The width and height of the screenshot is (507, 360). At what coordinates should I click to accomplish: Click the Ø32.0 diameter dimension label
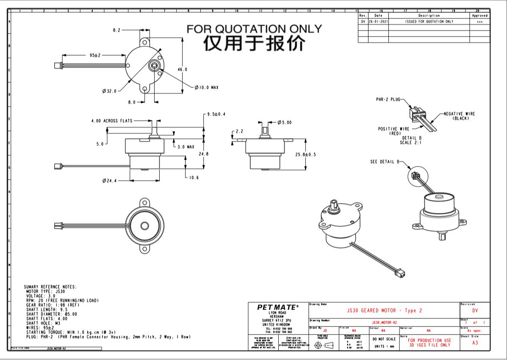click(x=109, y=91)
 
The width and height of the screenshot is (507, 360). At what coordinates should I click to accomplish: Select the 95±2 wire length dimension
click(x=94, y=55)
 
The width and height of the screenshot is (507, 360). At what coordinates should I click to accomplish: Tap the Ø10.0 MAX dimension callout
click(x=207, y=88)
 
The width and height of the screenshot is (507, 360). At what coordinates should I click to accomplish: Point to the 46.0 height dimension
click(x=182, y=69)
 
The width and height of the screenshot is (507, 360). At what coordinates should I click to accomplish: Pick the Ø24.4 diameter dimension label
click(x=109, y=181)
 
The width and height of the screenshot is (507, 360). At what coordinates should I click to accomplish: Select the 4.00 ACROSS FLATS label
click(x=112, y=121)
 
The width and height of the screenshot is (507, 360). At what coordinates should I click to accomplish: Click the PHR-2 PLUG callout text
click(x=388, y=100)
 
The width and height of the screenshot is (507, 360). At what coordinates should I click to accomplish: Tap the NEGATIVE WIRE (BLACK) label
click(x=459, y=116)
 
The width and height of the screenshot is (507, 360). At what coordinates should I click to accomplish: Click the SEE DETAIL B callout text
click(x=385, y=162)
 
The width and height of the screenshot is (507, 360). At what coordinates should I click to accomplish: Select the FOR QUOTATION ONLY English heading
click(x=254, y=29)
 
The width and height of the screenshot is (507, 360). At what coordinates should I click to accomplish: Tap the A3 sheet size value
click(x=475, y=343)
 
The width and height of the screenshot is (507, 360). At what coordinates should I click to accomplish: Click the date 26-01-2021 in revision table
click(x=378, y=21)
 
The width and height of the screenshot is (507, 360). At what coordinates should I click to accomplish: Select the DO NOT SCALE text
click(x=384, y=339)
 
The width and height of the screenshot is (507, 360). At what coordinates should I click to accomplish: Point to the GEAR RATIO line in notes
click(x=53, y=305)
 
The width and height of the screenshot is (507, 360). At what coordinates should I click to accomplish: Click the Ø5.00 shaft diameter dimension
click(x=285, y=122)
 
